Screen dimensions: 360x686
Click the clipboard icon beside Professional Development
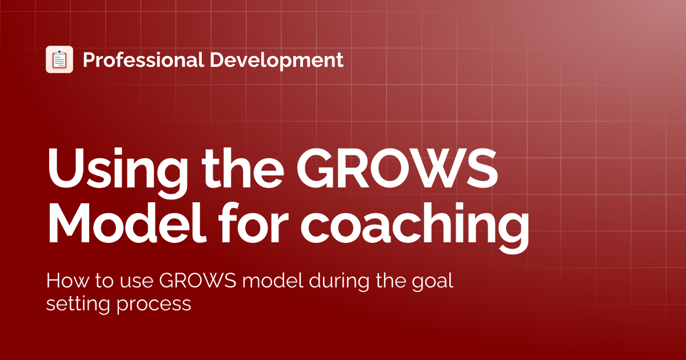(59, 59)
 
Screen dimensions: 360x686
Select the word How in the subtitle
(62, 282)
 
